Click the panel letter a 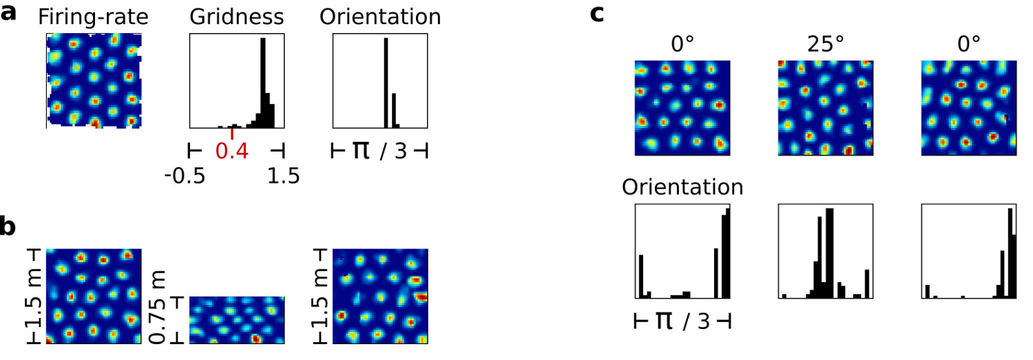tap(9, 13)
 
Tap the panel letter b tap(9, 228)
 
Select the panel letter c tap(597, 13)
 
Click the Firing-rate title tap(93, 18)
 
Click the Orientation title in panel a tap(380, 18)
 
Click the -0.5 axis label tap(184, 177)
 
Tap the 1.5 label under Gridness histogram tap(283, 177)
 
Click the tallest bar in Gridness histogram tap(262, 83)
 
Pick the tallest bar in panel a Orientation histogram tap(386, 83)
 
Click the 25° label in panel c tap(825, 45)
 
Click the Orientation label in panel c tap(682, 188)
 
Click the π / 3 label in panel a tap(380, 151)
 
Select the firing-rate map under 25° tap(825, 108)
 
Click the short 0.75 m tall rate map tap(236, 320)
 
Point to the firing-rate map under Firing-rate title tap(93, 81)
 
